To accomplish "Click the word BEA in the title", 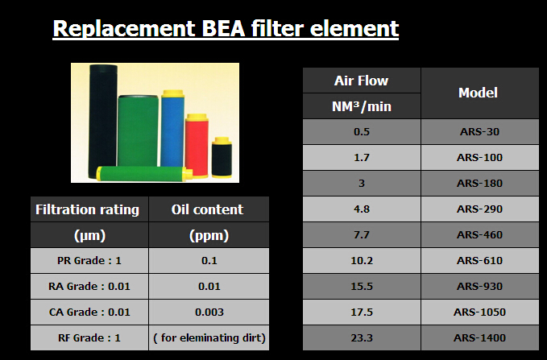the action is point(224,28).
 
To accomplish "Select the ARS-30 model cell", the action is point(479,131).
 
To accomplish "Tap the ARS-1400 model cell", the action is point(479,337).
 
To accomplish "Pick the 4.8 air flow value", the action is point(362,209).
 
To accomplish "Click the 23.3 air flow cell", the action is point(362,337).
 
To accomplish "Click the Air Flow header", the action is point(362,81).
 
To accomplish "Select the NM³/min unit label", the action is point(362,106).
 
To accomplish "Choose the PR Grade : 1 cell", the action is point(89,261).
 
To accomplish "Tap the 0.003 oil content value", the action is point(209,312).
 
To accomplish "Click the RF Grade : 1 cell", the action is point(89,337).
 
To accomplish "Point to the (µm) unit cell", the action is point(89,235).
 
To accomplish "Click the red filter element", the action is point(197,146).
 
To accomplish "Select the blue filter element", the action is point(172,129).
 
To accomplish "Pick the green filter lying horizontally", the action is point(144,173).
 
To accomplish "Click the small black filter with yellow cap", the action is point(222,158).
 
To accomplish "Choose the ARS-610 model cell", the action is point(479,261).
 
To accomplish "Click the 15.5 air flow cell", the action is point(362,287).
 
